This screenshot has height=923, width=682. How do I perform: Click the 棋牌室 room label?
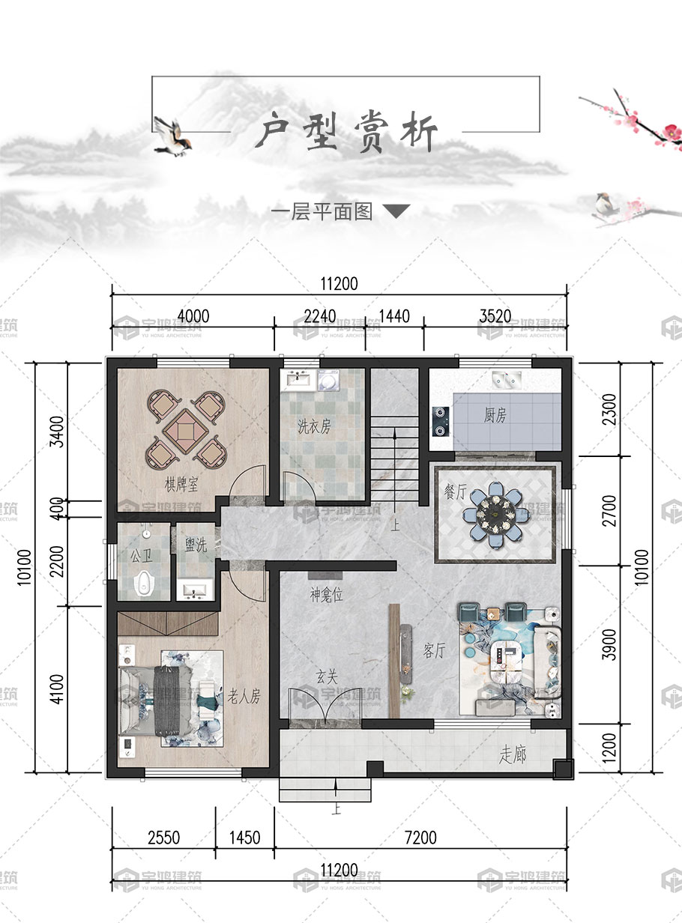(181, 485)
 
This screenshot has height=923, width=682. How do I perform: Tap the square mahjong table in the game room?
(186, 431)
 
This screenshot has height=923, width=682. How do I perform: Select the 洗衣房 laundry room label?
(314, 426)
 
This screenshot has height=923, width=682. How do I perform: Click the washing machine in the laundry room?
(329, 380)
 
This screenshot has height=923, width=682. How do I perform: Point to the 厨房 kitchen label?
(495, 415)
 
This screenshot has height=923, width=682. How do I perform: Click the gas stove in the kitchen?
(440, 421)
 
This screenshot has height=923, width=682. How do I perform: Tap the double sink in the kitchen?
(507, 378)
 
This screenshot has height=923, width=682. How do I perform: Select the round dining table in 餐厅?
(495, 514)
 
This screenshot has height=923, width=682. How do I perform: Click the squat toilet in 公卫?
(143, 583)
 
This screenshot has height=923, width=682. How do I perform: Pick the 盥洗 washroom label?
(196, 545)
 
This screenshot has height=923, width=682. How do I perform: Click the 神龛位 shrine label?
(327, 595)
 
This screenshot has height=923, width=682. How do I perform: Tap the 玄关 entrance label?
(326, 677)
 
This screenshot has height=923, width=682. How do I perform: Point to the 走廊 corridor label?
(513, 754)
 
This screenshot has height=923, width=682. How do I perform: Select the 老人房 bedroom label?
(244, 696)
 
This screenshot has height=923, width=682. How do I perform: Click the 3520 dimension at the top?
(495, 316)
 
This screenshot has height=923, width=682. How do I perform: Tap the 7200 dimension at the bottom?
(420, 838)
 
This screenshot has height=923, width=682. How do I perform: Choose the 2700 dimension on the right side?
(609, 511)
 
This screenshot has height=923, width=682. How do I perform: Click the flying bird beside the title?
(173, 136)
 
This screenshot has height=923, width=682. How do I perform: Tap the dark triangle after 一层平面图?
(396, 211)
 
